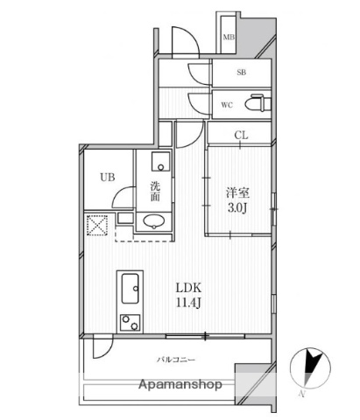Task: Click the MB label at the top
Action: coord(228,37)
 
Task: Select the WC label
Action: coord(227,106)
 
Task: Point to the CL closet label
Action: coord(240,135)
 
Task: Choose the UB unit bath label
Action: coord(107,177)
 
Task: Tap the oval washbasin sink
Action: coord(155,221)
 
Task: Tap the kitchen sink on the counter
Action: coord(130,283)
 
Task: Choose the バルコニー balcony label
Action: coord(176,360)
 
